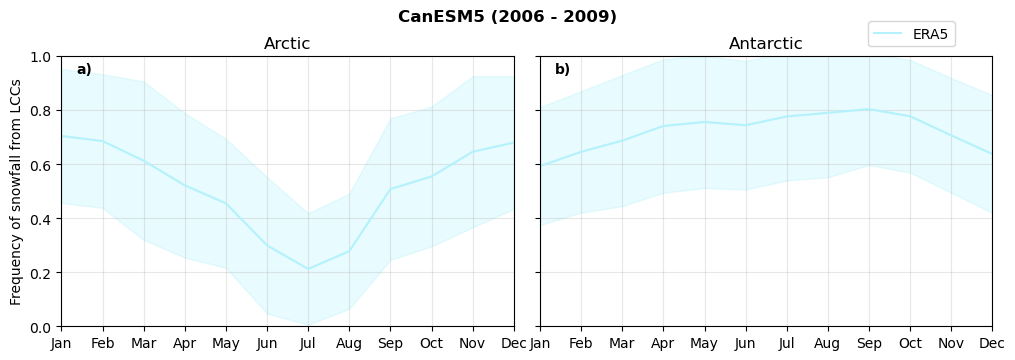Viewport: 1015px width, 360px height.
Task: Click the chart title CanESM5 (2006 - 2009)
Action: (507, 17)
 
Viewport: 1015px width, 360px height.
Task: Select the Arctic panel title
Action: (287, 44)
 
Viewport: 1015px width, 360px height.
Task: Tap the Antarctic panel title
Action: (765, 44)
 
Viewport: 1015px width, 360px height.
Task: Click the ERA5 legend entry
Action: (932, 34)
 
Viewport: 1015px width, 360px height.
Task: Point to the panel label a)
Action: (84, 70)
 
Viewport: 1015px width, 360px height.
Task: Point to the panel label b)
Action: (562, 70)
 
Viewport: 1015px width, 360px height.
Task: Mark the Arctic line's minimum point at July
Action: (308, 269)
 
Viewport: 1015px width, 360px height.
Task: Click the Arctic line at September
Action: (390, 189)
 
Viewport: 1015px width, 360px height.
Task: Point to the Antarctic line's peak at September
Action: (869, 109)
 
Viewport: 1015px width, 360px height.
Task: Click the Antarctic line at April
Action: (663, 126)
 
